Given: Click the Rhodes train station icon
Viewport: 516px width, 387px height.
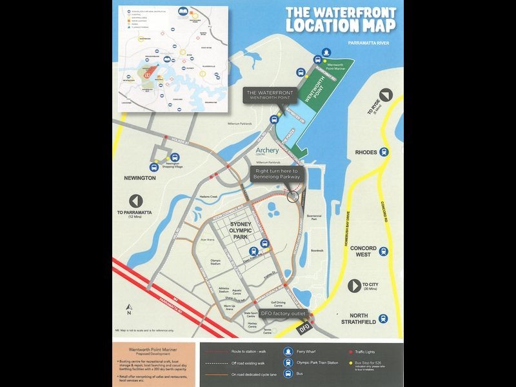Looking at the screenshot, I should tap(384, 152).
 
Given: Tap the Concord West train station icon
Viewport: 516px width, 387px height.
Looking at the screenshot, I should tap(384, 252).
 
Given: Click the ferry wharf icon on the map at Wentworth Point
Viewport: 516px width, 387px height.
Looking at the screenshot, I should tap(326, 53).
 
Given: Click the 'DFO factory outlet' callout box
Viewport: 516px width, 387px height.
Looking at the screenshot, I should tap(282, 313).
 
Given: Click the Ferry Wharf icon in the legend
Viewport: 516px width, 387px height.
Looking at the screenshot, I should tap(288, 352).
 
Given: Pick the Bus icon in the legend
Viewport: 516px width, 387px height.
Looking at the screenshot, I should tap(288, 373).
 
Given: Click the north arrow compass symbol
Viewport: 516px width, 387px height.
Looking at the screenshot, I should tap(129, 308).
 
